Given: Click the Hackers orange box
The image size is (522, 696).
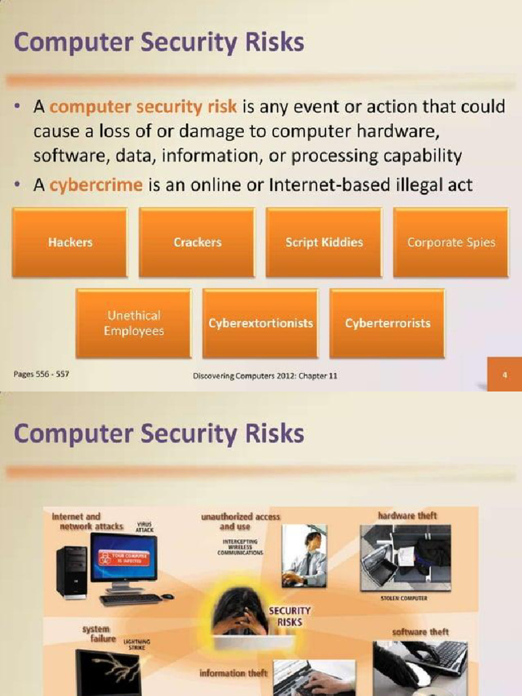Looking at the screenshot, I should pyautogui.click(x=70, y=243).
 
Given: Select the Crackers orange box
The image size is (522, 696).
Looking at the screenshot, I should pyautogui.click(x=197, y=243).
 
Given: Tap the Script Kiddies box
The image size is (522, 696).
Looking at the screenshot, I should pyautogui.click(x=324, y=243).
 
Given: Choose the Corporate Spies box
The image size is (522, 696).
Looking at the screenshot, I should pyautogui.click(x=451, y=243).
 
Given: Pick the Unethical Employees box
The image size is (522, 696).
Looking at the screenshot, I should pyautogui.click(x=134, y=324).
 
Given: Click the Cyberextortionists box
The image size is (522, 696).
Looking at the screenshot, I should pyautogui.click(x=260, y=324).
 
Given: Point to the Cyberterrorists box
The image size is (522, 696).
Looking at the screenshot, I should pyautogui.click(x=387, y=324).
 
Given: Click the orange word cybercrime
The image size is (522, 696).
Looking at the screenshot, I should pyautogui.click(x=96, y=185).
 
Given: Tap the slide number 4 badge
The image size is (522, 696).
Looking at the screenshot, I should pyautogui.click(x=505, y=375).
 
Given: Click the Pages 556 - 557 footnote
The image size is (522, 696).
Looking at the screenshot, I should pyautogui.click(x=41, y=375).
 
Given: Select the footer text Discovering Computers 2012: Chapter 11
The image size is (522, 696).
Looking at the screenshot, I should pyautogui.click(x=265, y=376).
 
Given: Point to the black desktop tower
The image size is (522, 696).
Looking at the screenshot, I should pyautogui.click(x=71, y=572).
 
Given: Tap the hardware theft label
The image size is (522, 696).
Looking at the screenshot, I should pyautogui.click(x=407, y=516).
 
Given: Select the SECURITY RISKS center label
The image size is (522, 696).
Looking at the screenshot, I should pyautogui.click(x=290, y=616).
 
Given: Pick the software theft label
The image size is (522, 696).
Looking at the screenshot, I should pyautogui.click(x=421, y=632).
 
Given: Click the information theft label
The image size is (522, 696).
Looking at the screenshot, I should pyautogui.click(x=232, y=673).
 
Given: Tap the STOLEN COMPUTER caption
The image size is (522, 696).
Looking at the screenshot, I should pyautogui.click(x=404, y=598).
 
